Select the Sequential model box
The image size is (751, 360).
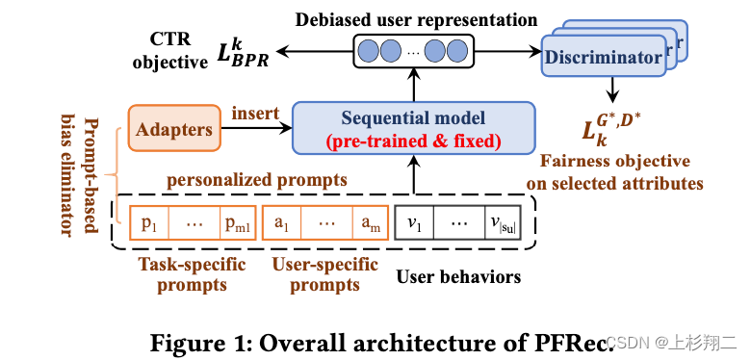pyautogui.click(x=413, y=128)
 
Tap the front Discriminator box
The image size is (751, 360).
pyautogui.click(x=604, y=58)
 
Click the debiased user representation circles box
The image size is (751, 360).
pyautogui.click(x=414, y=49)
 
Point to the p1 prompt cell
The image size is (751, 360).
pyautogui.click(x=149, y=223)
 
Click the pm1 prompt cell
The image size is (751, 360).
pyautogui.click(x=237, y=223)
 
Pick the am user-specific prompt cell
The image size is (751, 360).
pyautogui.click(x=370, y=223)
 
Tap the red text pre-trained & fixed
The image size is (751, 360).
pyautogui.click(x=413, y=141)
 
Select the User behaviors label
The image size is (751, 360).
pyautogui.click(x=458, y=277)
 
